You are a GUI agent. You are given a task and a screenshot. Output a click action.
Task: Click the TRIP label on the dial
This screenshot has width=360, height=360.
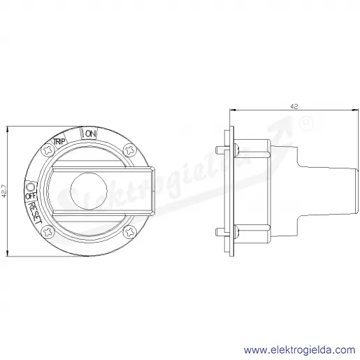[x=59, y=141]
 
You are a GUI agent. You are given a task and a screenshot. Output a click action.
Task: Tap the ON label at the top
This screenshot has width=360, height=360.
[x=90, y=134]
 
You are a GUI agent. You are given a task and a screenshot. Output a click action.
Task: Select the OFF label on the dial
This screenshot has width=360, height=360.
[x=31, y=196]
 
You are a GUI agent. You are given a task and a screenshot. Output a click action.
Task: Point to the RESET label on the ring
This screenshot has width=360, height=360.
[x=35, y=213]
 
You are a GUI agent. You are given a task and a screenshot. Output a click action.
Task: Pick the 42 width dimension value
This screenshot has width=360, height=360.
[x=294, y=106]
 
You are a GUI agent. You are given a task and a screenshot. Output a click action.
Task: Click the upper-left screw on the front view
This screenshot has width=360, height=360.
[x=48, y=150]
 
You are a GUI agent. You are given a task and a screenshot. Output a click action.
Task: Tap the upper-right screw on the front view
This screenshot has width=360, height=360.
[x=129, y=150]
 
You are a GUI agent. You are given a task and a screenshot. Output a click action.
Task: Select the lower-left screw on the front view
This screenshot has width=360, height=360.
[x=48, y=232]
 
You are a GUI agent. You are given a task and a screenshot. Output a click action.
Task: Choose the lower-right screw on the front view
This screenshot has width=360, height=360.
[x=129, y=232]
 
